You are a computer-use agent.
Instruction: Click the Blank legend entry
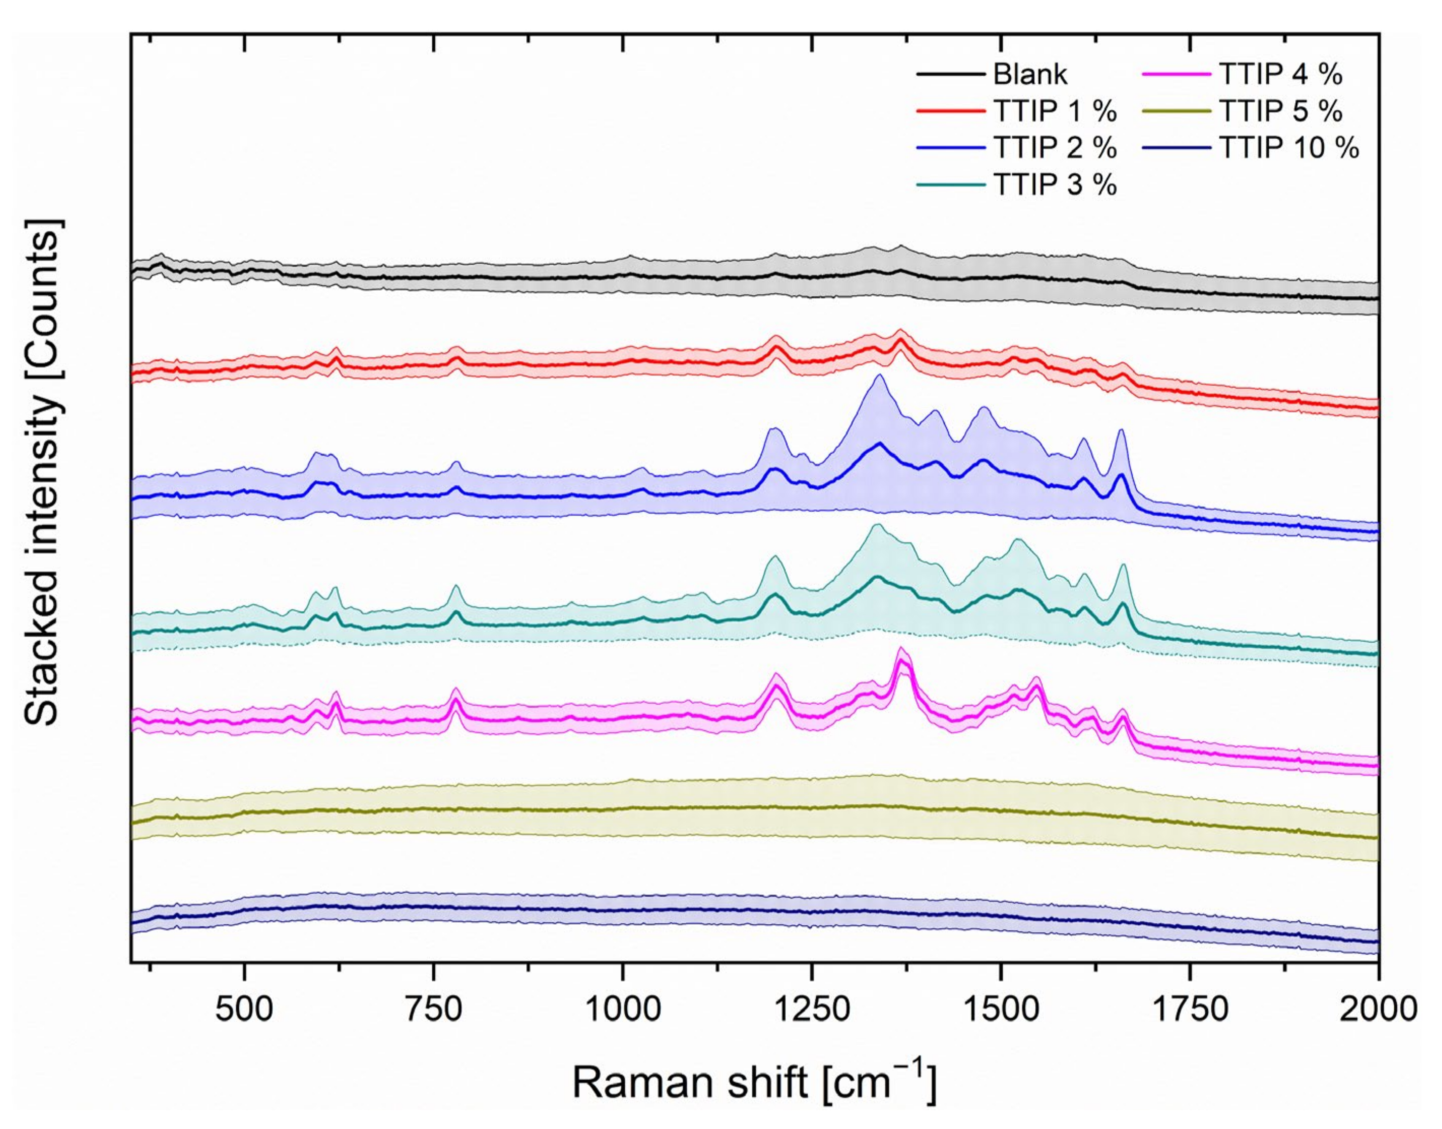[1030, 74]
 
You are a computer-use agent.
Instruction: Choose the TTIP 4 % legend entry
[1280, 74]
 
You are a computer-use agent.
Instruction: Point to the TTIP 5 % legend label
[1280, 111]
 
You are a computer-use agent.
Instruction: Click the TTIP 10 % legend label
[1289, 147]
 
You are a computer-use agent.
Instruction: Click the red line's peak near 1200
[777, 346]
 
